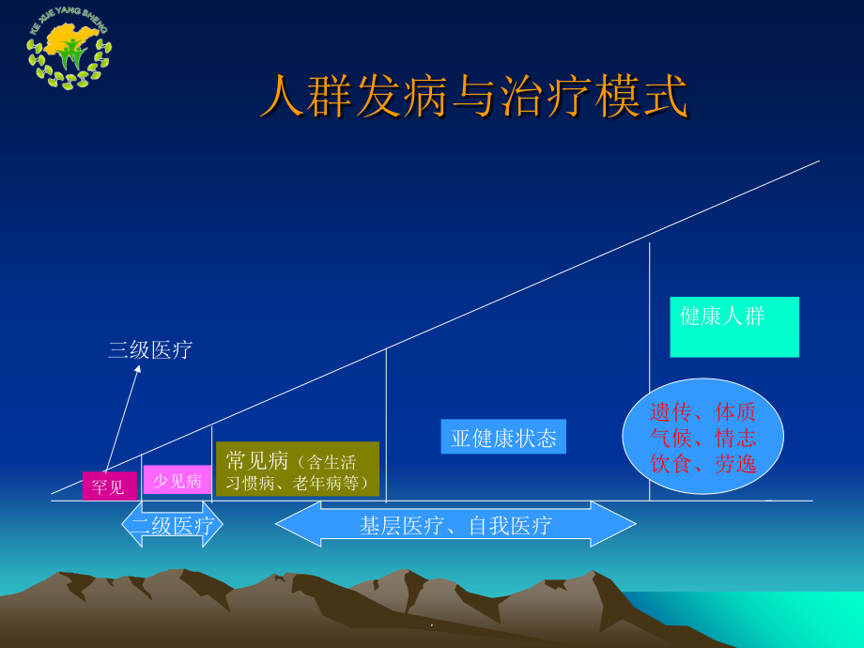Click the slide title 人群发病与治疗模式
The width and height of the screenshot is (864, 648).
pyautogui.click(x=473, y=98)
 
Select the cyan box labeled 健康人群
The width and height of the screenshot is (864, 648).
pyautogui.click(x=733, y=327)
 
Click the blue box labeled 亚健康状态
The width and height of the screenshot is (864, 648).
pyautogui.click(x=503, y=437)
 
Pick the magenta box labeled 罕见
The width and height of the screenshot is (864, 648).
pyautogui.click(x=109, y=486)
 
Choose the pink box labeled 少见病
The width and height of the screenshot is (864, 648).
pyautogui.click(x=177, y=480)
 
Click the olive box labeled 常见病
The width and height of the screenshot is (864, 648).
pyautogui.click(x=297, y=469)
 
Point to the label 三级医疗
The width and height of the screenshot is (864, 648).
pyautogui.click(x=150, y=350)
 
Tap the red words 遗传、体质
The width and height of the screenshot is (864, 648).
pyautogui.click(x=702, y=412)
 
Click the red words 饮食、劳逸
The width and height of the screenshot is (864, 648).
pyautogui.click(x=702, y=463)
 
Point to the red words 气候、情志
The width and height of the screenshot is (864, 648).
pyautogui.click(x=702, y=438)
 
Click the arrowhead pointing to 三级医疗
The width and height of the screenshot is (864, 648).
pyautogui.click(x=137, y=369)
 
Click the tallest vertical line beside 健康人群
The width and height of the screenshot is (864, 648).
pyautogui.click(x=649, y=282)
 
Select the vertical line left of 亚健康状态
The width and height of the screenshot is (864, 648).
pyautogui.click(x=386, y=423)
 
